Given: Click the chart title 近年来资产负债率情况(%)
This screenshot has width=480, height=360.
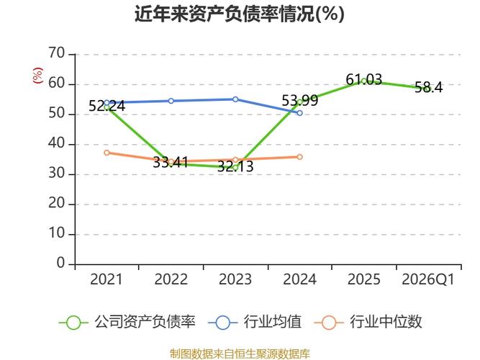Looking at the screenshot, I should tap(240, 14).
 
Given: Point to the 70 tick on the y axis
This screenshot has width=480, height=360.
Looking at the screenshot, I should tap(57, 54).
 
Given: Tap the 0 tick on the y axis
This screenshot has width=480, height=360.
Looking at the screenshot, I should tap(61, 264).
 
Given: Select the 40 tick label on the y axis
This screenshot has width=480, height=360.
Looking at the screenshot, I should tap(57, 144).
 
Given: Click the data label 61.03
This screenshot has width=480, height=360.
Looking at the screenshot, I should tap(364, 80).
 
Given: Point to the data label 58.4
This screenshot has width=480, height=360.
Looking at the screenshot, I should tap(428, 88).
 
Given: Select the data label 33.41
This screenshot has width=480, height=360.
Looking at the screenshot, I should tap(171, 163).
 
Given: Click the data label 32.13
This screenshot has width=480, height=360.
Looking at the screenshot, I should tap(235, 166).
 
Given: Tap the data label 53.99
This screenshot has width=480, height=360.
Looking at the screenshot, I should tap(299, 101).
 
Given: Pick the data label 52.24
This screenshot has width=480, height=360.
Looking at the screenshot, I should tap(107, 106).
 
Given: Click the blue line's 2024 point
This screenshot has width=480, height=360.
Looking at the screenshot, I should tap(299, 113).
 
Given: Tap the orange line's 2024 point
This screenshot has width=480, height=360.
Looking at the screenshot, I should tap(299, 157).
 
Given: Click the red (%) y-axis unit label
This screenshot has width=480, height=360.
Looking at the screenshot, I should tap(38, 75).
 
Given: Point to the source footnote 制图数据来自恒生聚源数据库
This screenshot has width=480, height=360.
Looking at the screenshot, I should tap(240, 354).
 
